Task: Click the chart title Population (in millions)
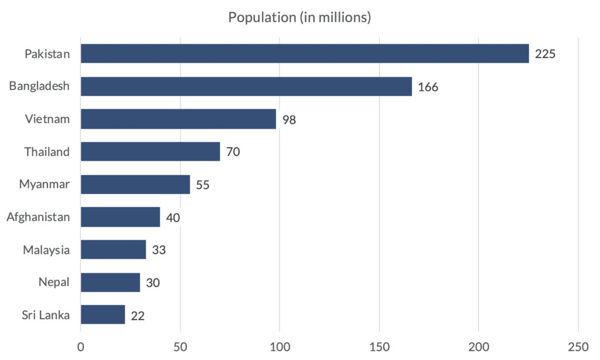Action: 299,18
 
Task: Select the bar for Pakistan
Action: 305,54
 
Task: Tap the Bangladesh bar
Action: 246,87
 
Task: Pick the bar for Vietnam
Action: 178,119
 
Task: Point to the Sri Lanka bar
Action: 103,315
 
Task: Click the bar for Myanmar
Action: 135,184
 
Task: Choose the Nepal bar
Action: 110,282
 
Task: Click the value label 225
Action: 545,55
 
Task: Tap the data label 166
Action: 428,87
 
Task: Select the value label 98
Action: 289,120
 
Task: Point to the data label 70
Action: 233,152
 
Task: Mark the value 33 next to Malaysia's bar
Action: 159,250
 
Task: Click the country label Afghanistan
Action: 38,218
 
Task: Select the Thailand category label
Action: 47,152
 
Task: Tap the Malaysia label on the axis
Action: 46,250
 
